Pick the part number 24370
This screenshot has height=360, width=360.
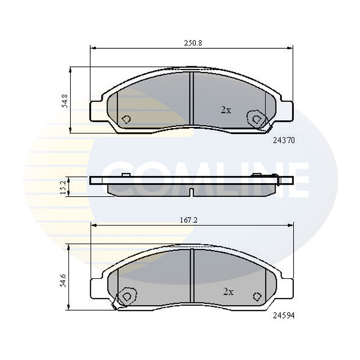click(284, 140)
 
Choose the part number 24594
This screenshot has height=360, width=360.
click(284, 315)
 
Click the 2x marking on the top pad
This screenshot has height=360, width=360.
click(225, 110)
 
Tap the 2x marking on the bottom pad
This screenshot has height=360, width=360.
click(228, 292)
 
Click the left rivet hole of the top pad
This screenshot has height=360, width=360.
click(127, 119)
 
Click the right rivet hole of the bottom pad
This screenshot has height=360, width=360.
click(257, 296)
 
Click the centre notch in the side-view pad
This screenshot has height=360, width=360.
click(191, 192)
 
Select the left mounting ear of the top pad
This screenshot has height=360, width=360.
click(96, 111)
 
